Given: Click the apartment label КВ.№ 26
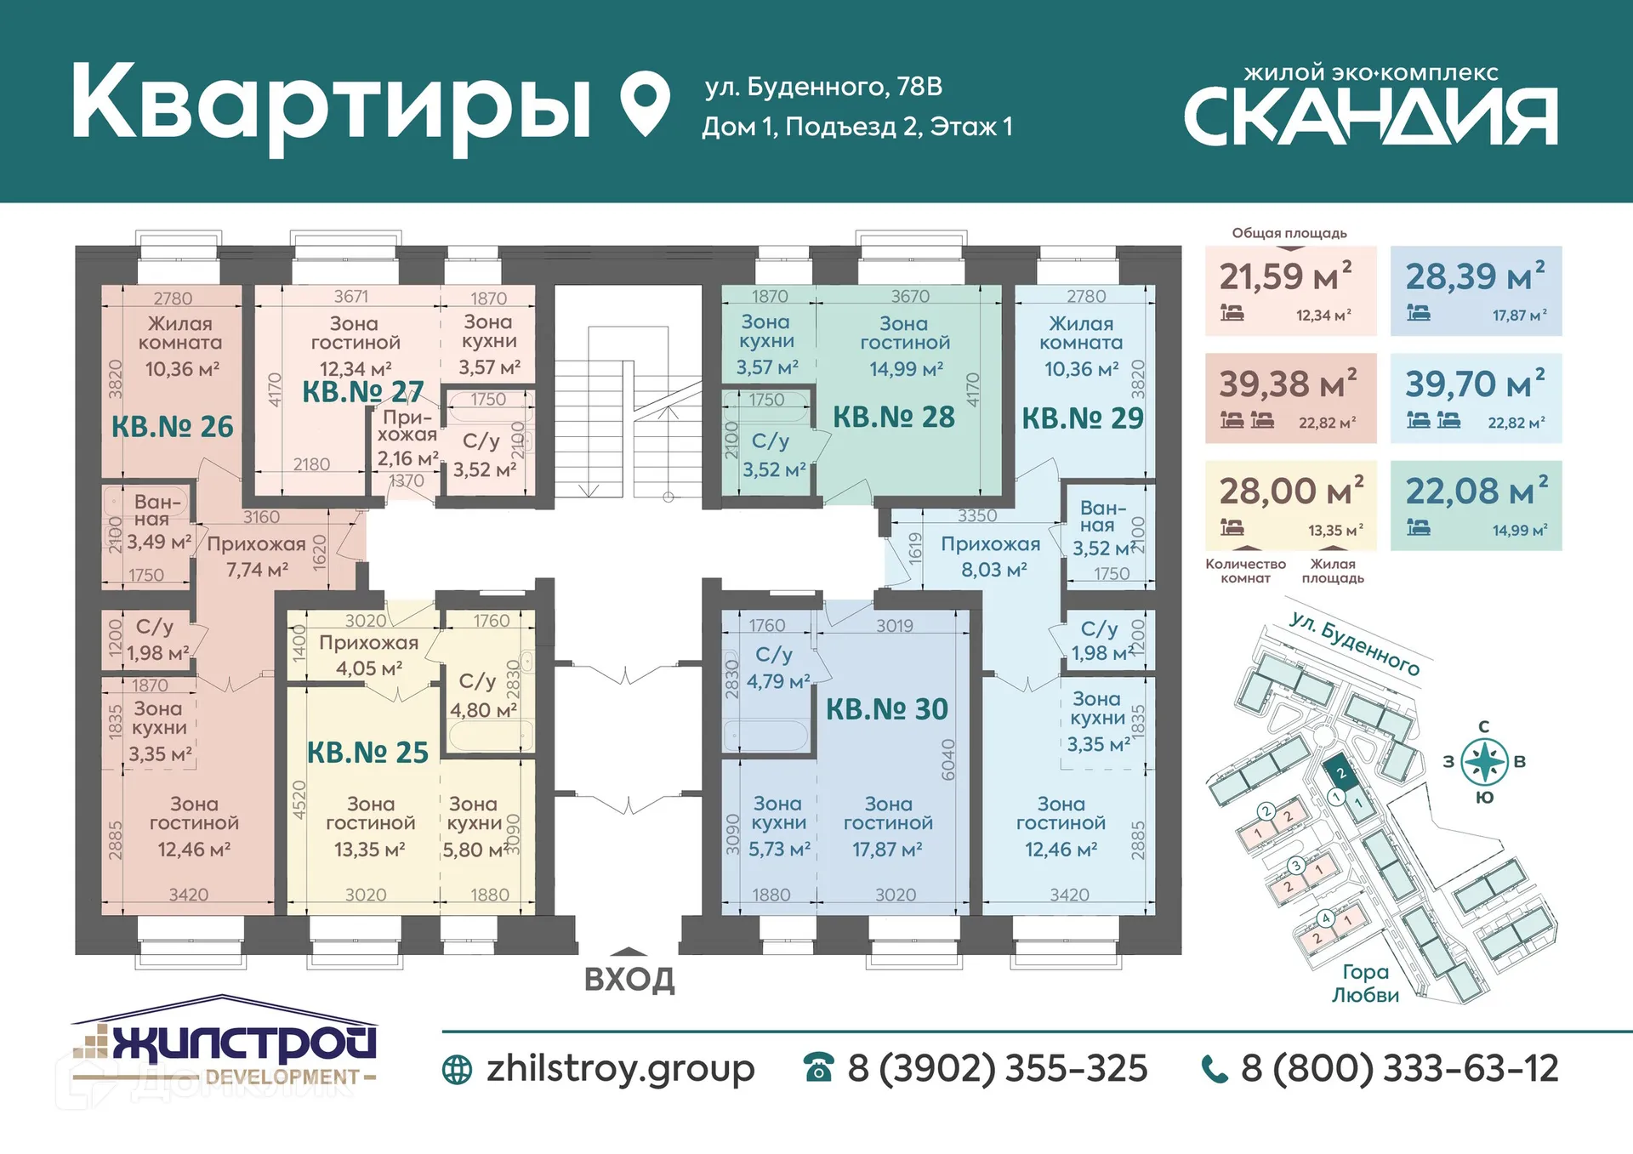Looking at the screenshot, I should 173,426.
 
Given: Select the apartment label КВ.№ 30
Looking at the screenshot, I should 886,709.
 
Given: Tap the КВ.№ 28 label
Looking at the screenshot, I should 893,417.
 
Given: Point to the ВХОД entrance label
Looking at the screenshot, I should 629,979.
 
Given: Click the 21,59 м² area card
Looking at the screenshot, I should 1290,291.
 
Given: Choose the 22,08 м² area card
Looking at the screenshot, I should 1476,505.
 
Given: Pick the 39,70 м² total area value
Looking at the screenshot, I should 1475,384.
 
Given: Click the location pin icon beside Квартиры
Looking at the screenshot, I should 645,103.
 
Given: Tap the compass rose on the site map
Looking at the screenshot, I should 1484,761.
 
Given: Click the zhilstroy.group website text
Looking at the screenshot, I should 619,1068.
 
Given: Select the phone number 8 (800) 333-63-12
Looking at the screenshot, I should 1399,1068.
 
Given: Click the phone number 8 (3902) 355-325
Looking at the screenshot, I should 997,1068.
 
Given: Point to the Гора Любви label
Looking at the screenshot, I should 1364,983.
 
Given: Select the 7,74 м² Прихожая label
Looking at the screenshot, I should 256,556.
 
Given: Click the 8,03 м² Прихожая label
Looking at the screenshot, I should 991,556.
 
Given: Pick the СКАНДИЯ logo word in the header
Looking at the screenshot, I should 1370,117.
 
